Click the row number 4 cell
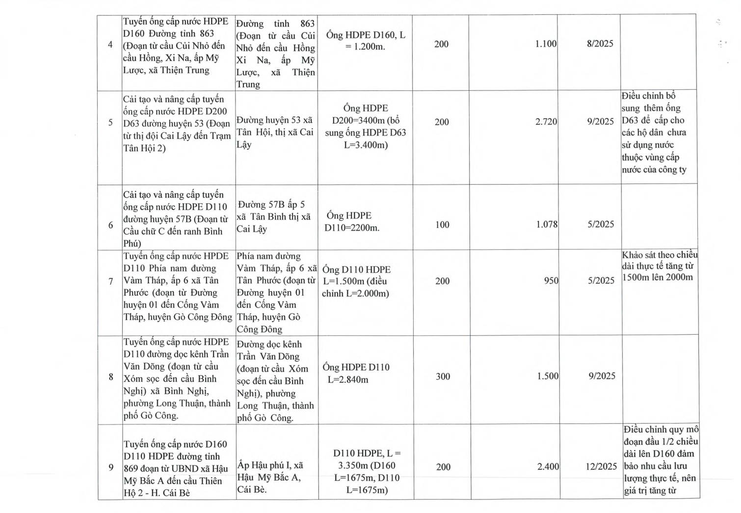[110, 45]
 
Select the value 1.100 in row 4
[546, 44]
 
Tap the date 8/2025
[600, 44]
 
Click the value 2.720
[546, 122]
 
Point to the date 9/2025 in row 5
[600, 122]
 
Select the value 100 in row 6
[442, 225]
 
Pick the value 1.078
[547, 224]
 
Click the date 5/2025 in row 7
[601, 280]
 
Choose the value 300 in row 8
[443, 377]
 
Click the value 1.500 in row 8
[548, 376]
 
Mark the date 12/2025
[601, 466]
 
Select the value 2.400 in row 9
[548, 466]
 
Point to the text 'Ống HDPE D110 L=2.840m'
[356, 373]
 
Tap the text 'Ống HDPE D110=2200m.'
[351, 221]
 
